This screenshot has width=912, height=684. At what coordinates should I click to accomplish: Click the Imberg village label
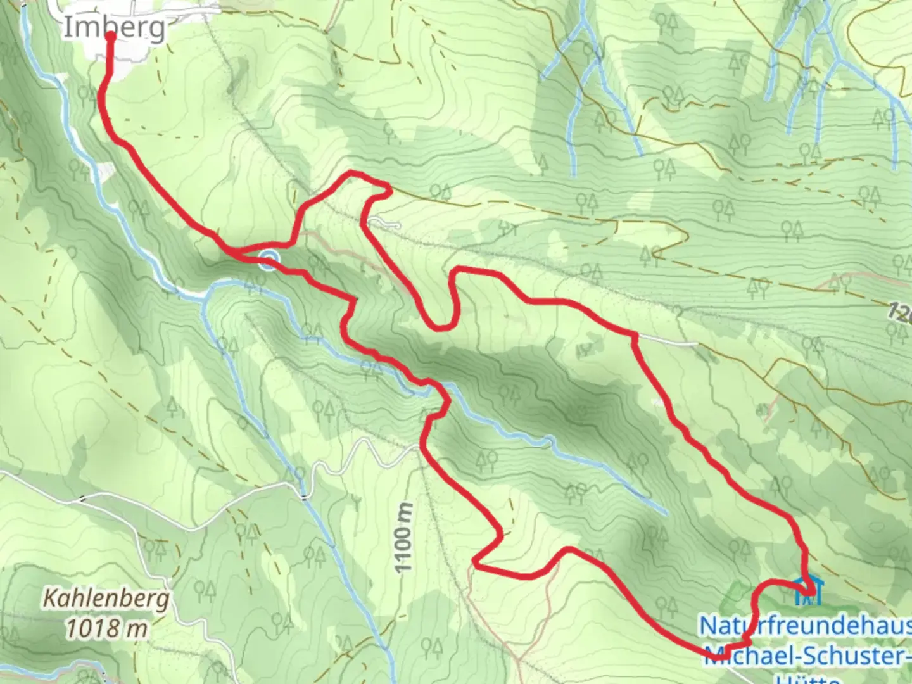tap(115, 27)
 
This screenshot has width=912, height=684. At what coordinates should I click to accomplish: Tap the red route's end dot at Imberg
tap(110, 35)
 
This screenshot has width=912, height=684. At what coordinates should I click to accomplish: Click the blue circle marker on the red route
tap(269, 259)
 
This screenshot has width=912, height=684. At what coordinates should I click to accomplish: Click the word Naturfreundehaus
tap(804, 626)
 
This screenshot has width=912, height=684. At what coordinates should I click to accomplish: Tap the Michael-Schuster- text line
tap(807, 655)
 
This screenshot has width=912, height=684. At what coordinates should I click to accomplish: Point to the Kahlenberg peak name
tap(106, 598)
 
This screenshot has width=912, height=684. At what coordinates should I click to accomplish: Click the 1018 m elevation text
tap(107, 628)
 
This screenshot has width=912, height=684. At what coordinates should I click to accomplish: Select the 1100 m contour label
tap(403, 538)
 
